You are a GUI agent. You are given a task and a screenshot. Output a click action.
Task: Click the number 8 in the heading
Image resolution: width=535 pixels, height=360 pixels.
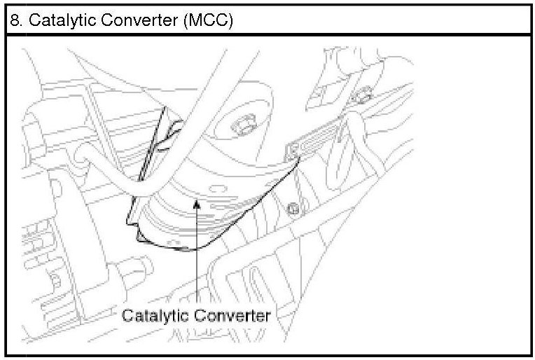pyautogui.click(x=14, y=20)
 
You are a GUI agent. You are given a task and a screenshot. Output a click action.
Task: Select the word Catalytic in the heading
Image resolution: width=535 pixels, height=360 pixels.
pyautogui.click(x=53, y=20)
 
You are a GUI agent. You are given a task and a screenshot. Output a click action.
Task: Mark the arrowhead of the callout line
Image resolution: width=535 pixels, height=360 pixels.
pyautogui.click(x=198, y=204)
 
